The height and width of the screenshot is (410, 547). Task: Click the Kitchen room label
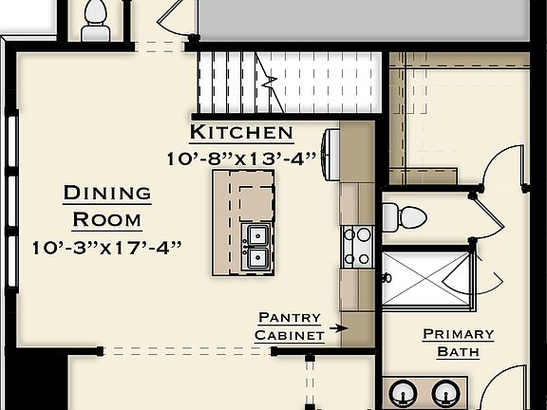[241, 132]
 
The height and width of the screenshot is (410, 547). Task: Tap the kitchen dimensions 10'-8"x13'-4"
[240, 158]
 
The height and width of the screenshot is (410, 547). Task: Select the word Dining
[107, 194]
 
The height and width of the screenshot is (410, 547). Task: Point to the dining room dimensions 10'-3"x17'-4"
[106, 248]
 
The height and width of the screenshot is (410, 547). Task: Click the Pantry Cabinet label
[289, 326]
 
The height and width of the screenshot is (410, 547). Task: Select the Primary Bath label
[458, 343]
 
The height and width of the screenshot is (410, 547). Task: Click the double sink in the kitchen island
[257, 245]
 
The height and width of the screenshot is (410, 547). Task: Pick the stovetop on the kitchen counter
[357, 245]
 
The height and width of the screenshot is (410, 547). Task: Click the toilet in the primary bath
[409, 216]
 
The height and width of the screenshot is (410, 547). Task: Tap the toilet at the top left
[96, 20]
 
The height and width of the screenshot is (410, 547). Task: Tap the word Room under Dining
[107, 219]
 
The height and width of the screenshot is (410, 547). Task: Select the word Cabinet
[289, 335]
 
